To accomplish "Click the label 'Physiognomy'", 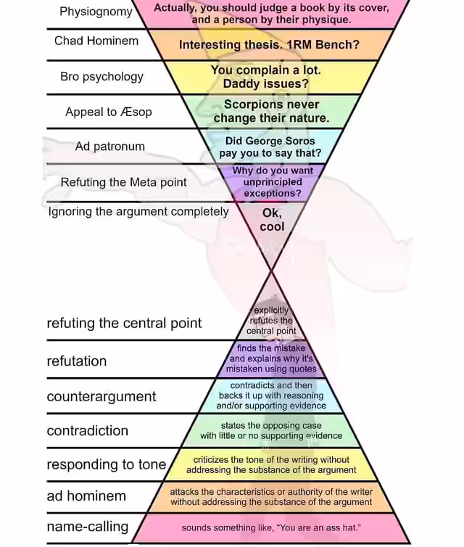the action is pos(96,12).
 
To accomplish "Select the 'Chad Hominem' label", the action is pos(96,41).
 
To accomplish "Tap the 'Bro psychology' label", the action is pos(101,77).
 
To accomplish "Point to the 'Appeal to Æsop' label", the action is pos(109,112).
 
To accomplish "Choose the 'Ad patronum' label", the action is pos(109,146).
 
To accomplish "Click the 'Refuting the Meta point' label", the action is pos(124,182).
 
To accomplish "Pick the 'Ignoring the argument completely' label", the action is pos(138,211).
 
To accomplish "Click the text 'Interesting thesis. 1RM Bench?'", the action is pos(269,45).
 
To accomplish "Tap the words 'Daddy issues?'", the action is pos(266,83).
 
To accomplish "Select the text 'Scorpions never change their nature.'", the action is pos(271,111).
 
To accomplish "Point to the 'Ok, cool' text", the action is pos(273,220).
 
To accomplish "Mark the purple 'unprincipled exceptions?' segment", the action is pos(273,187).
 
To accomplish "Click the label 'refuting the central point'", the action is pos(124,324).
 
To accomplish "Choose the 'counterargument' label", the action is pos(101,397).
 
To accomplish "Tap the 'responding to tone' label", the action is pos(107,465).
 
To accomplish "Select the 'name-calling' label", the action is pos(88,527).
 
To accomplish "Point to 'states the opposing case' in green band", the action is pos(271,426).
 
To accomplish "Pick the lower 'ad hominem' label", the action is pos(86,496).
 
